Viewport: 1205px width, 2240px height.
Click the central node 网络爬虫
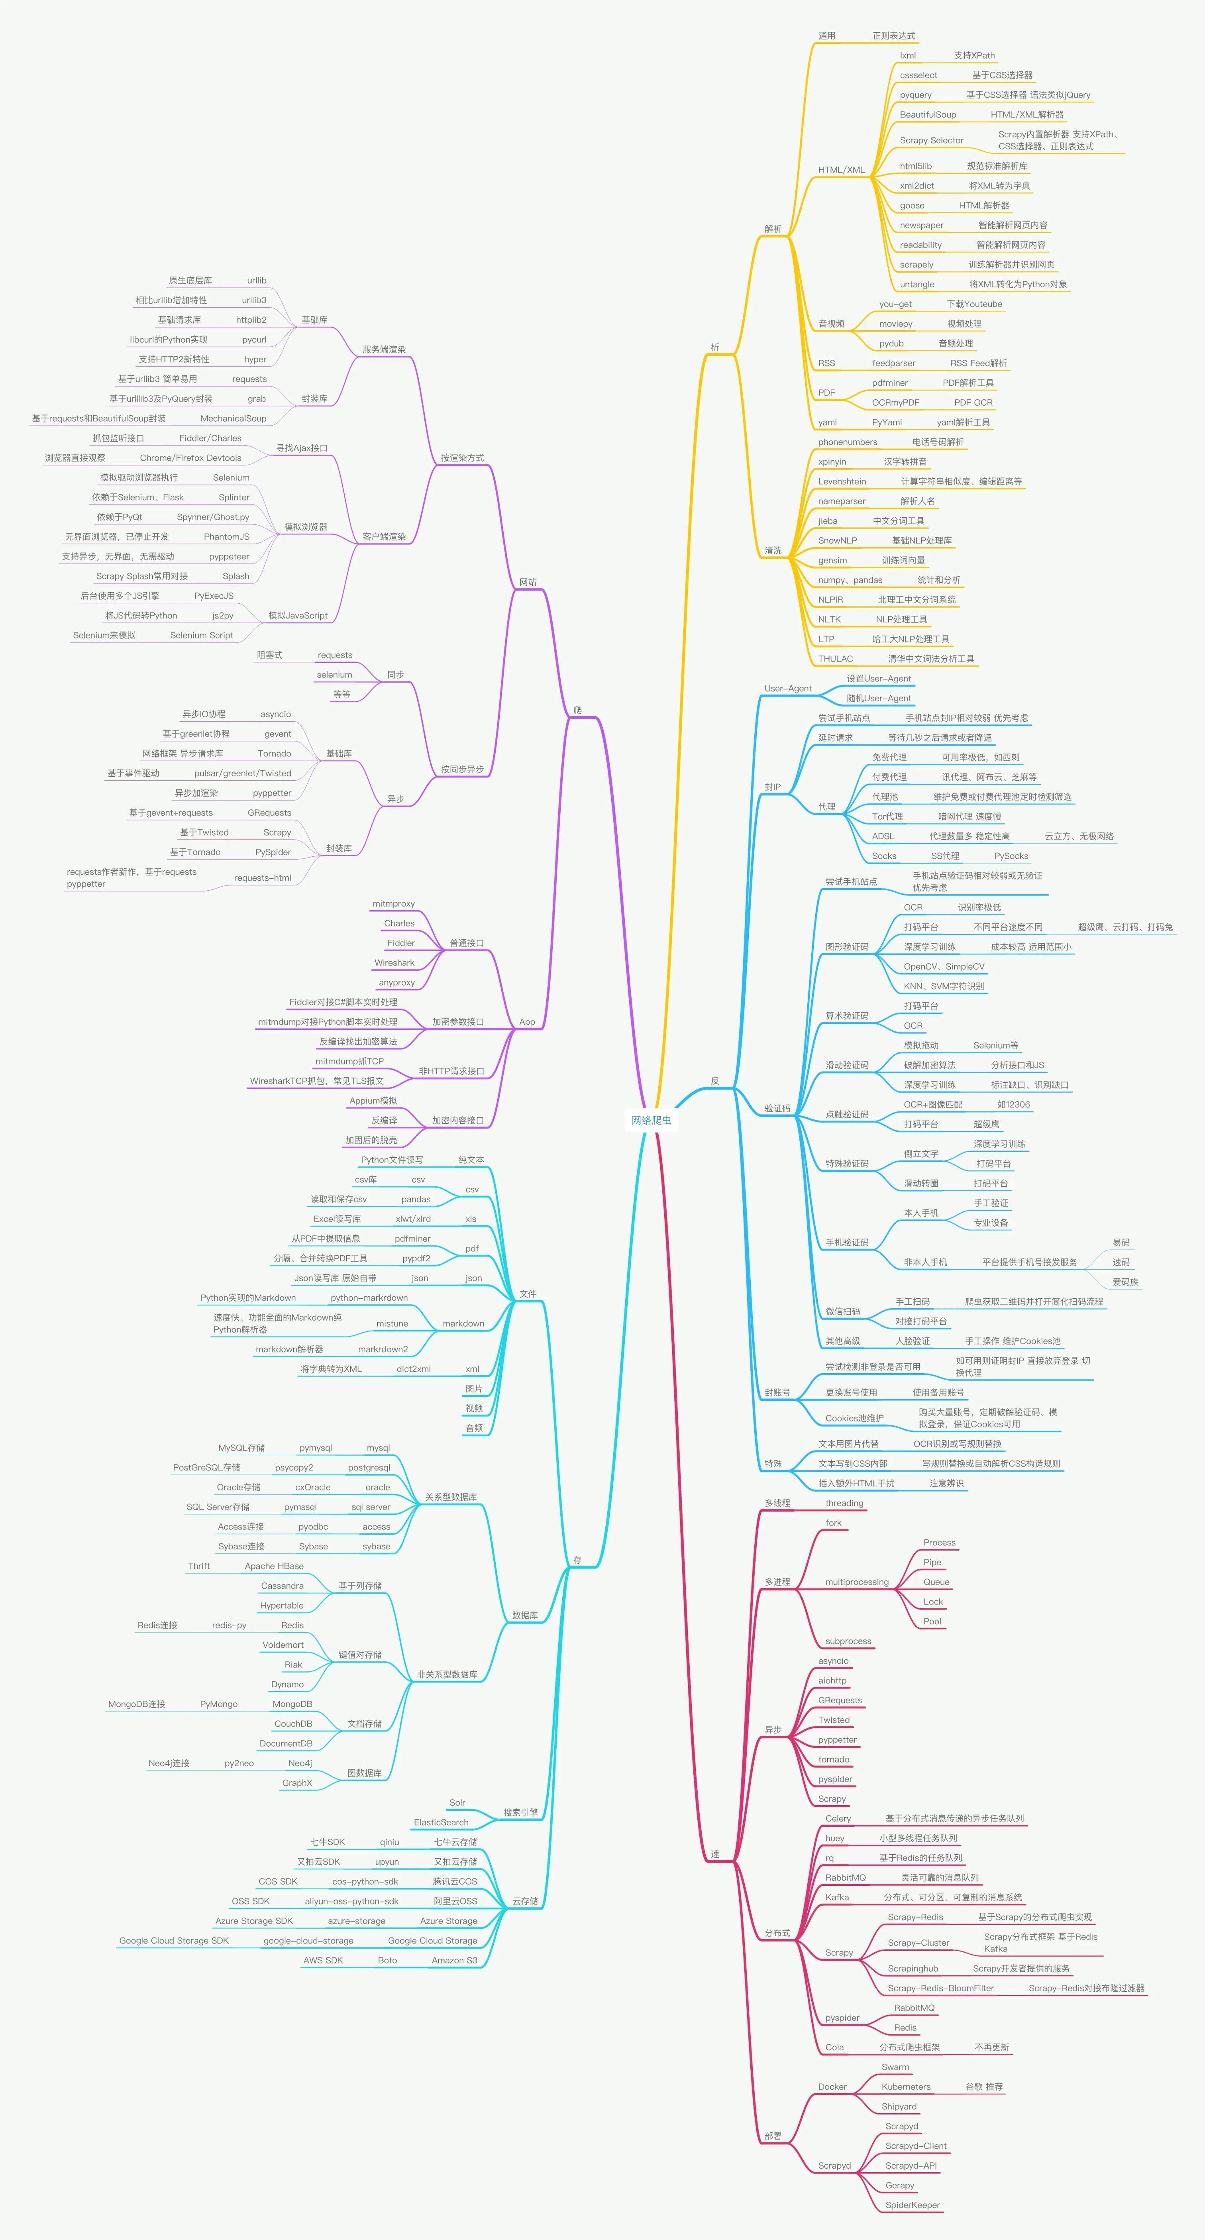coord(651,1120)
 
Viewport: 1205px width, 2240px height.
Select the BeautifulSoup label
coord(928,115)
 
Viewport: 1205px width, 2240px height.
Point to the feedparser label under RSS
coord(893,363)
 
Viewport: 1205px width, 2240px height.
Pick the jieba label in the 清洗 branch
coord(828,521)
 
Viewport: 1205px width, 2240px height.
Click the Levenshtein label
coord(842,482)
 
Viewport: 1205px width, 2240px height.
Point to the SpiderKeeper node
coord(912,2205)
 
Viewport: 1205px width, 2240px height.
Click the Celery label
coord(838,1818)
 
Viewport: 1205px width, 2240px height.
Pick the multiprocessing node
coord(856,1582)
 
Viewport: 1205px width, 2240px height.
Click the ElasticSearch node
coord(441,1823)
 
